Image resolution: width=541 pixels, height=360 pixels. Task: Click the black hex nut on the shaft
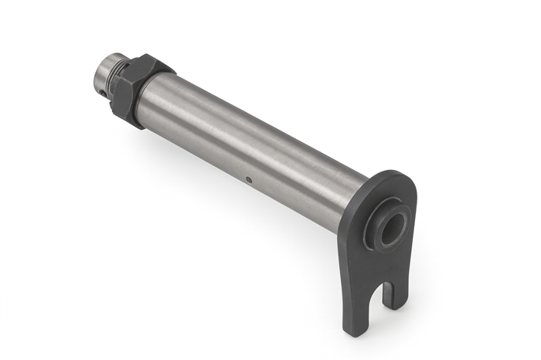click(x=139, y=89)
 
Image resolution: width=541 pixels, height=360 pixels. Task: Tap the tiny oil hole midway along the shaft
click(x=248, y=181)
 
